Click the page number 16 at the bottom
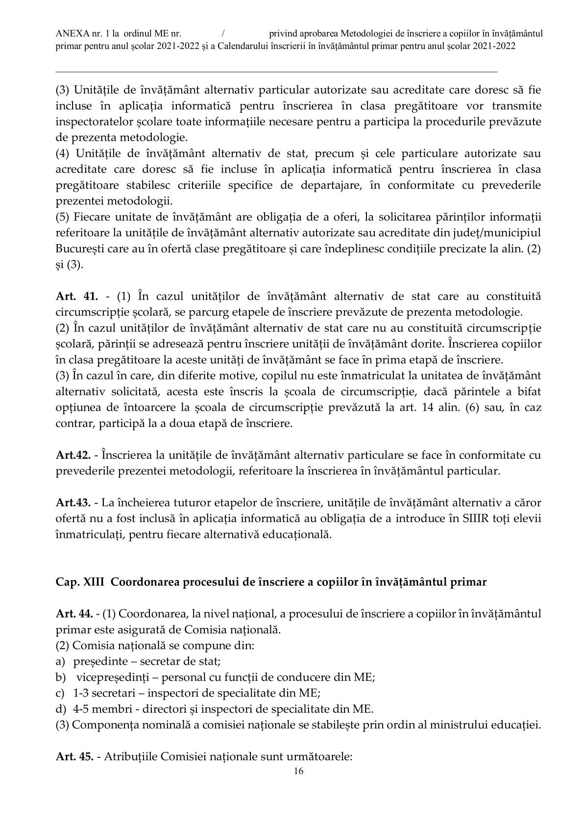pyautogui.click(x=298, y=771)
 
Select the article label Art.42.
pyautogui.click(x=73, y=455)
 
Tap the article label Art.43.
pyautogui.click(x=73, y=502)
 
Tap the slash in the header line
pyautogui.click(x=223, y=34)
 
